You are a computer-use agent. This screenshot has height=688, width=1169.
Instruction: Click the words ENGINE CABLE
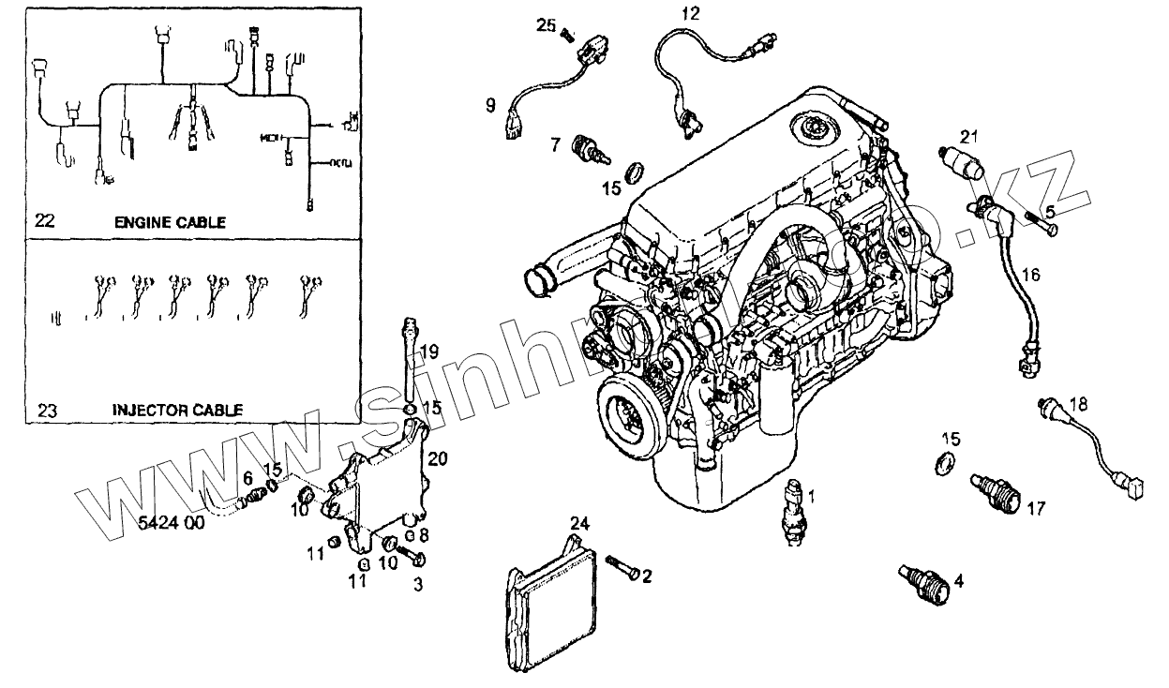pyautogui.click(x=170, y=222)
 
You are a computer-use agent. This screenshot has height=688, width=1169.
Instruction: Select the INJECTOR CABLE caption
pyautogui.click(x=178, y=410)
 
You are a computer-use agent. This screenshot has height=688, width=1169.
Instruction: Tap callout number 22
pyautogui.click(x=45, y=221)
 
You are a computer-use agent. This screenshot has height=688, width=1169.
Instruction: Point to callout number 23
pyautogui.click(x=46, y=410)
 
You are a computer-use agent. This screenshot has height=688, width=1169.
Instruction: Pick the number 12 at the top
pyautogui.click(x=690, y=13)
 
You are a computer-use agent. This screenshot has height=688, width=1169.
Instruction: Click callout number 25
pyautogui.click(x=547, y=25)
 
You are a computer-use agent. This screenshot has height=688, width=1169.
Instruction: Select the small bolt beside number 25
pyautogui.click(x=566, y=36)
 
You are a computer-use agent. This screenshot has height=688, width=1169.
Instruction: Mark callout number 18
pyautogui.click(x=1079, y=405)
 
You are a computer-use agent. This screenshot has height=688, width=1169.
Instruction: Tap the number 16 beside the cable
pyautogui.click(x=1030, y=275)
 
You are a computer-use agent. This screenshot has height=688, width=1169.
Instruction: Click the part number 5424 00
pyautogui.click(x=171, y=524)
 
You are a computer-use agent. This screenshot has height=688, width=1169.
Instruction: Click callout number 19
pyautogui.click(x=428, y=352)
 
